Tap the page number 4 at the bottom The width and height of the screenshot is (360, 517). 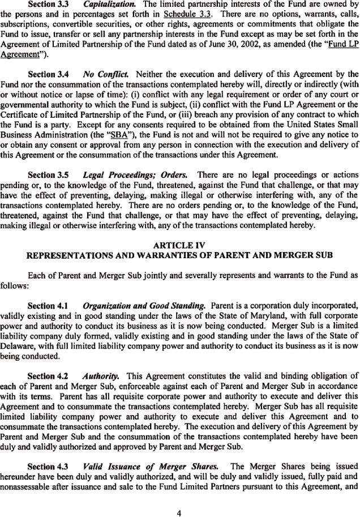179,498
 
